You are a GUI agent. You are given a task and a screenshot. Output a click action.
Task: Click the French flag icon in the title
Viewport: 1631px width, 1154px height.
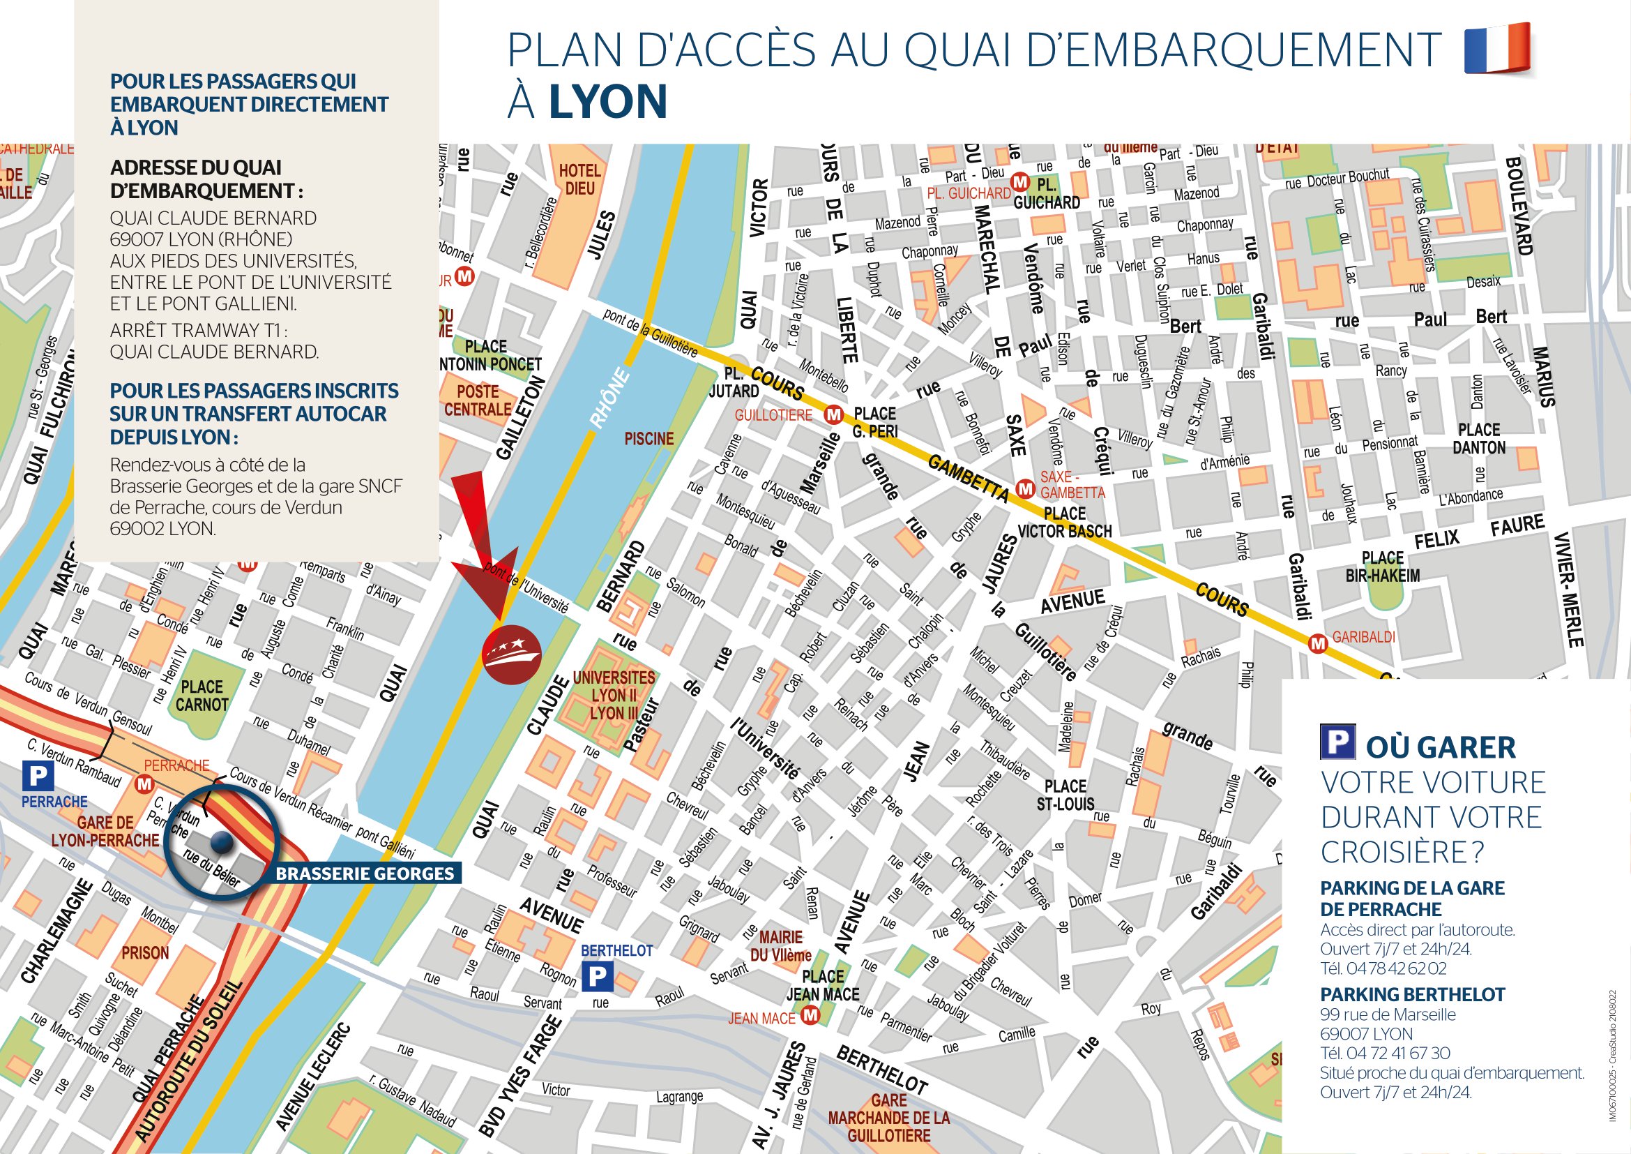click(1496, 47)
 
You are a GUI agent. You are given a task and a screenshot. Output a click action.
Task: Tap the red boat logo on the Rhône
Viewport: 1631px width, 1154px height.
click(510, 654)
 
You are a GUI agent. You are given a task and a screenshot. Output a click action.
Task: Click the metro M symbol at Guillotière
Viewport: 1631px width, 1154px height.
click(833, 414)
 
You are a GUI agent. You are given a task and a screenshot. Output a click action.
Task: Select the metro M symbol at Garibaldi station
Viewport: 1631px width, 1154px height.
click(1318, 644)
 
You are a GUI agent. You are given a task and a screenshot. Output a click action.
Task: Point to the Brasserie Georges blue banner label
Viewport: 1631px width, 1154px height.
click(365, 874)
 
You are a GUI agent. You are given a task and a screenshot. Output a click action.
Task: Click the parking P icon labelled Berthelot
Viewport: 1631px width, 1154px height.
click(598, 977)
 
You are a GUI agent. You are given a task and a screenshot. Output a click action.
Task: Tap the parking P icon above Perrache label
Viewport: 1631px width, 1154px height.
click(38, 775)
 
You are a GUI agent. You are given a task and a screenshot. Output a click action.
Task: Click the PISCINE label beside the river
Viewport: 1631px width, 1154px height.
click(648, 439)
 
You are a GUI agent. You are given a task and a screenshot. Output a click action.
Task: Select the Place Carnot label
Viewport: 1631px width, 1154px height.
click(202, 696)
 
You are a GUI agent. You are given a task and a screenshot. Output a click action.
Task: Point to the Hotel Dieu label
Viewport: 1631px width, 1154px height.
click(579, 179)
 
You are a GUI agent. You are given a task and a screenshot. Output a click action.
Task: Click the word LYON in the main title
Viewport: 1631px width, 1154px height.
click(607, 102)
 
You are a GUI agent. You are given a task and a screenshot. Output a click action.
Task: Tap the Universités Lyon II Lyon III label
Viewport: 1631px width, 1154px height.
click(613, 696)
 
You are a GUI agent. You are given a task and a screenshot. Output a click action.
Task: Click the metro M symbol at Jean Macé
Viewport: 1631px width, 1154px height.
click(810, 1017)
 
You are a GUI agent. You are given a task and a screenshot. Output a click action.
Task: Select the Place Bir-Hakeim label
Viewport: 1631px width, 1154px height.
click(1382, 567)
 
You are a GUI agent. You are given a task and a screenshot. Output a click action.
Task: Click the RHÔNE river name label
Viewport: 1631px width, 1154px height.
click(609, 398)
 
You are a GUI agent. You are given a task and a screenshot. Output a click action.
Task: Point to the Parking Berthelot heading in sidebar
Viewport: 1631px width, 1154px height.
click(1411, 994)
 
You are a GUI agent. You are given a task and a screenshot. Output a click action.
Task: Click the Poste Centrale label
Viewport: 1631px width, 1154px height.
click(478, 400)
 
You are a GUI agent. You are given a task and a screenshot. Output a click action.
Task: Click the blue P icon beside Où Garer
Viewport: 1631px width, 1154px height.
click(1337, 742)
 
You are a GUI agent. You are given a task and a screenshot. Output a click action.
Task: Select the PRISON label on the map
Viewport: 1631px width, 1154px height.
click(145, 953)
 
